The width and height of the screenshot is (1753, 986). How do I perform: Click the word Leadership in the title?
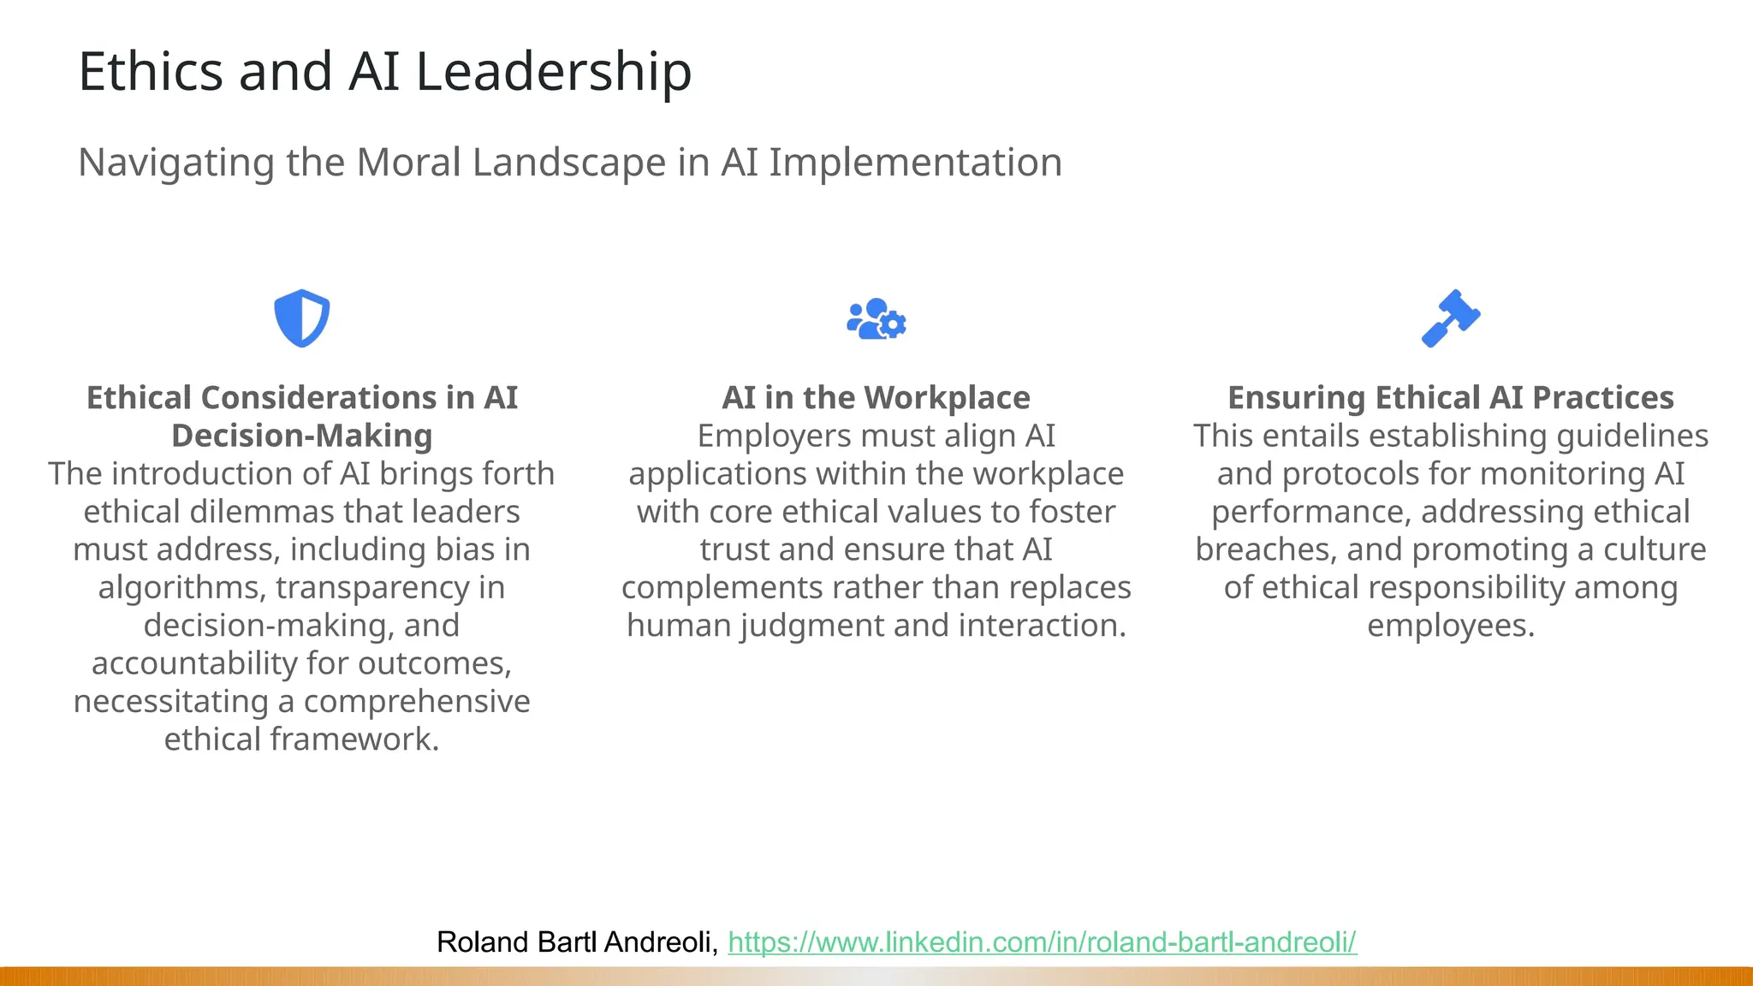click(x=553, y=72)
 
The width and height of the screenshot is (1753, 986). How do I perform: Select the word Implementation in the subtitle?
click(x=915, y=163)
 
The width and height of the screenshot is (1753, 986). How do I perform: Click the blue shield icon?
click(x=301, y=318)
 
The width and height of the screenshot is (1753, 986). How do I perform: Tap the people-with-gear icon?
click(x=876, y=319)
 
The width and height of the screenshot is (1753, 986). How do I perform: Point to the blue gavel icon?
click(x=1451, y=318)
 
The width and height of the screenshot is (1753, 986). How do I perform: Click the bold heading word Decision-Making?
click(x=301, y=436)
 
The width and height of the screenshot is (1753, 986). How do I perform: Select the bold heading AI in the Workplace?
click(x=876, y=398)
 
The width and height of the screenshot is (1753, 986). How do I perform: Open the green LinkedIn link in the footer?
click(x=1042, y=942)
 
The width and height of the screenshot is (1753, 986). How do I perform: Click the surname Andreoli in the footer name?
click(x=660, y=942)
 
